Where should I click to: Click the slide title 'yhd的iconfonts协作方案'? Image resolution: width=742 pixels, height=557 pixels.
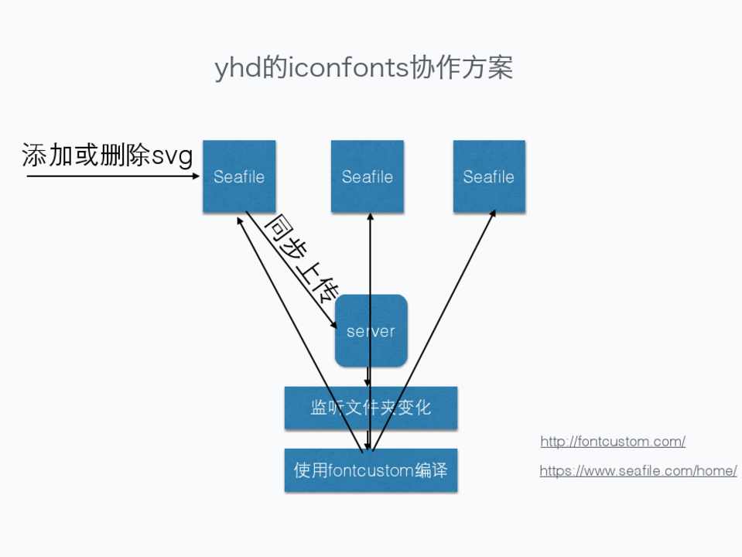tap(364, 69)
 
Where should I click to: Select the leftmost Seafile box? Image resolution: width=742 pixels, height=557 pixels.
tap(239, 176)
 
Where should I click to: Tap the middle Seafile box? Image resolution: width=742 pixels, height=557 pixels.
tap(368, 176)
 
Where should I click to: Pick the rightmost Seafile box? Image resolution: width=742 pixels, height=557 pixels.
tap(489, 176)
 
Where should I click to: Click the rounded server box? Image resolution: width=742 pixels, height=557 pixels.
tap(371, 330)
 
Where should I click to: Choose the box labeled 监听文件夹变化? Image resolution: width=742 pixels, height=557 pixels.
tap(371, 408)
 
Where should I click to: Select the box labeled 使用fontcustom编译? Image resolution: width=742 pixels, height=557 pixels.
tap(371, 470)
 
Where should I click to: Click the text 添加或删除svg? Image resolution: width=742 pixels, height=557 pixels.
tap(107, 156)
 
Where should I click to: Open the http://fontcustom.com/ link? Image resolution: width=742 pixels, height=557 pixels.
tap(613, 442)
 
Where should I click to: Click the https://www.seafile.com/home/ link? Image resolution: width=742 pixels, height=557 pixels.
tap(638, 470)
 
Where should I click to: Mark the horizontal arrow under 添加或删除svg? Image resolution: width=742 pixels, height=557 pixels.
tap(112, 176)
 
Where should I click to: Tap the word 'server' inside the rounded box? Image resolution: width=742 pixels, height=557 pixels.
tap(371, 331)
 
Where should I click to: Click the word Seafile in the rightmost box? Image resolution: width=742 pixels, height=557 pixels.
tap(489, 176)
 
